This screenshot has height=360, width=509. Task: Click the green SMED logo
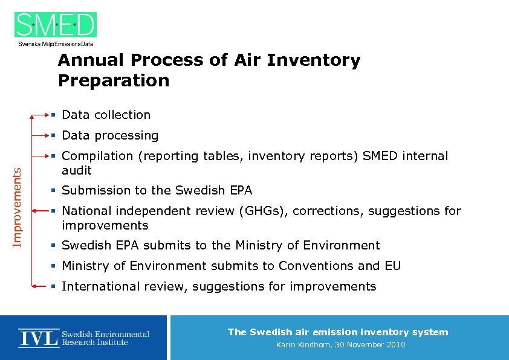56,25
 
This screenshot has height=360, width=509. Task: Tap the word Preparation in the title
114,80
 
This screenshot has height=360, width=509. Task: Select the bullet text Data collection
106,115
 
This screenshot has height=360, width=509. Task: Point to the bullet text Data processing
110,135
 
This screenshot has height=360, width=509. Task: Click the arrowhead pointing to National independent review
36,210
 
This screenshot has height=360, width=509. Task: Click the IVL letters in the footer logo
38,338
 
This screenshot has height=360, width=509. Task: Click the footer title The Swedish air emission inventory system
338,332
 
